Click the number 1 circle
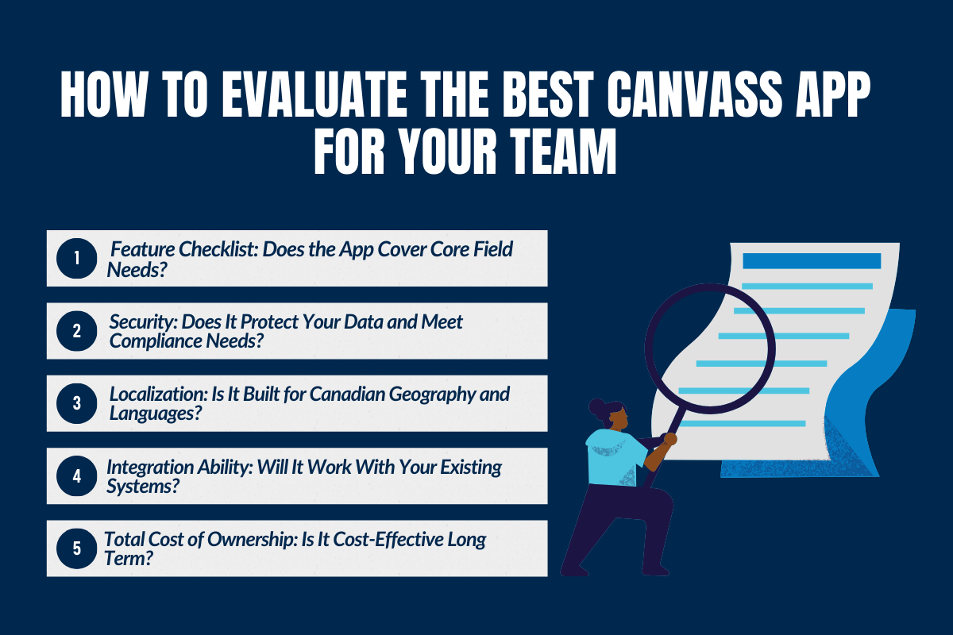(77, 258)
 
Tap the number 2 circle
(77, 330)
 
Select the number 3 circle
(77, 403)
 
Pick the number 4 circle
(77, 476)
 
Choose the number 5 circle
(77, 548)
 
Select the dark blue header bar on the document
(811, 260)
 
